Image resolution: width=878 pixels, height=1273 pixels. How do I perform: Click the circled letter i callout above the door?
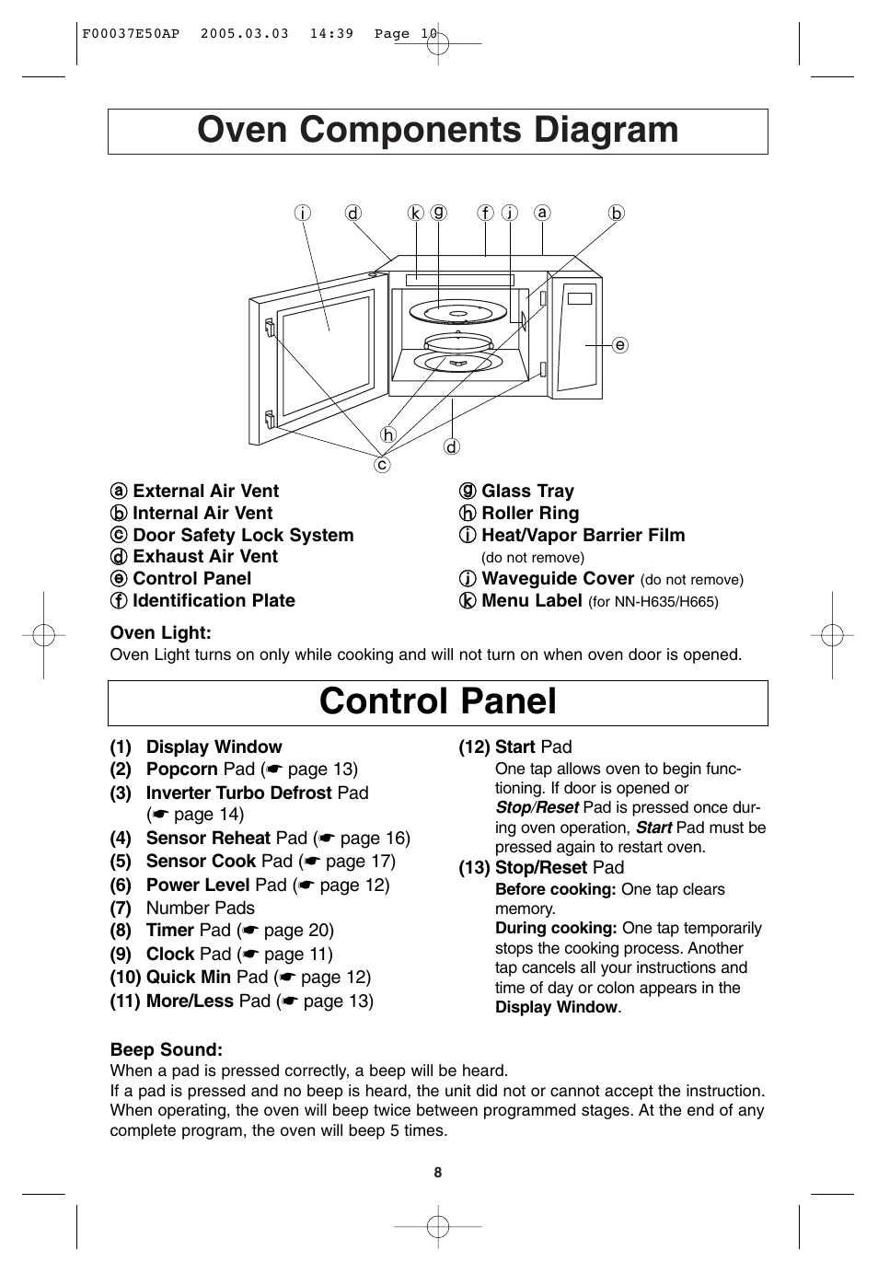click(301, 214)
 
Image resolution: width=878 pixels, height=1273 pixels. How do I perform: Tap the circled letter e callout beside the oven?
click(620, 345)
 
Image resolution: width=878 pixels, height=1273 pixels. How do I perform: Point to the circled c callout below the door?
click(381, 465)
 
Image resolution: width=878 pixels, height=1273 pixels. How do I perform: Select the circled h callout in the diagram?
click(388, 434)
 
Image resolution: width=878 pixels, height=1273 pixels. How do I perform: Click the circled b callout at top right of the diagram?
click(616, 214)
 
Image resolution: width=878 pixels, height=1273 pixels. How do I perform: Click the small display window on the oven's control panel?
click(580, 297)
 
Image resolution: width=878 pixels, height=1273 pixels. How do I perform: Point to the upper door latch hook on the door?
click(269, 327)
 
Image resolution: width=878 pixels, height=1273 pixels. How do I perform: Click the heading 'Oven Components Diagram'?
click(438, 131)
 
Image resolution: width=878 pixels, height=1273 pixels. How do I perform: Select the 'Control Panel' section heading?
click(438, 702)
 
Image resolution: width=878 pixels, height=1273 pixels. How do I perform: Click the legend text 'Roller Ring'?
click(530, 514)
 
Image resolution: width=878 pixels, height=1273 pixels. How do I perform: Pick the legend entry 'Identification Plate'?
click(214, 601)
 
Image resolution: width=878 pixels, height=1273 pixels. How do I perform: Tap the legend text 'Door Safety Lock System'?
click(243, 536)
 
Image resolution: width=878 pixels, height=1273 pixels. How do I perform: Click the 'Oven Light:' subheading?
click(161, 633)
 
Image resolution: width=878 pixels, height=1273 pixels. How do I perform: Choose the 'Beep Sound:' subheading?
click(167, 1050)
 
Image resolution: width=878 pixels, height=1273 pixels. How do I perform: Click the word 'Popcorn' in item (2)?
click(181, 770)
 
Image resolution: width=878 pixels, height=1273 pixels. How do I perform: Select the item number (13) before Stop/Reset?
click(474, 868)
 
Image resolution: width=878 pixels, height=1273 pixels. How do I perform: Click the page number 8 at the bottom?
click(438, 1173)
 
